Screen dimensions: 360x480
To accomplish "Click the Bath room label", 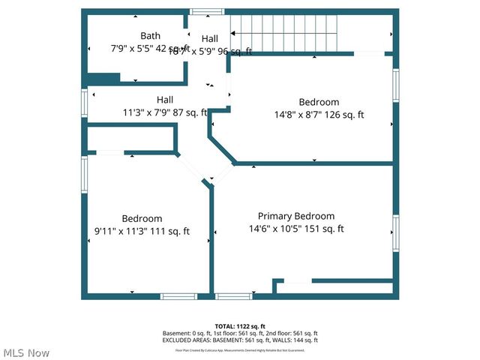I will tap(150, 35).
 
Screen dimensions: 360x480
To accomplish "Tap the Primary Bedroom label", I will tap(296, 216).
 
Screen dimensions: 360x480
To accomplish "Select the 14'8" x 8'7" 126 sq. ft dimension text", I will tap(319, 115).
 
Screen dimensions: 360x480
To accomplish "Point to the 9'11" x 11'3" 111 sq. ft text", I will tap(142, 232).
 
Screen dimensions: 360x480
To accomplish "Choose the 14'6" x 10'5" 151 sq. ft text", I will tap(296, 229).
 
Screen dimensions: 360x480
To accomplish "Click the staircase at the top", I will tap(285, 32).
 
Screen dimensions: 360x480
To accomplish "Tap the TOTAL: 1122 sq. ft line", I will tap(240, 326).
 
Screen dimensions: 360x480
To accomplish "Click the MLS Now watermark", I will tap(26, 352).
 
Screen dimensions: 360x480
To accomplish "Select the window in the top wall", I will tap(206, 11).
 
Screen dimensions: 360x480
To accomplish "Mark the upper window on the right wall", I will tap(395, 85).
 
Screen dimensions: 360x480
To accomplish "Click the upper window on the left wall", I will tap(85, 103).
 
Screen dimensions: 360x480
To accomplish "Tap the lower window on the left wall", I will tap(85, 174).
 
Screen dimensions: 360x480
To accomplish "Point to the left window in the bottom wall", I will tap(179, 296).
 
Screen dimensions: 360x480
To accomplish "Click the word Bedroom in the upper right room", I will tap(319, 102).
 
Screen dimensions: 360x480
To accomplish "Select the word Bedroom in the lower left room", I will tap(142, 219).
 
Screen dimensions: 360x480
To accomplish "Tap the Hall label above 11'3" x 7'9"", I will tap(165, 100).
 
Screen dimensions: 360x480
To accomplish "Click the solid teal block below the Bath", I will tap(104, 78).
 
